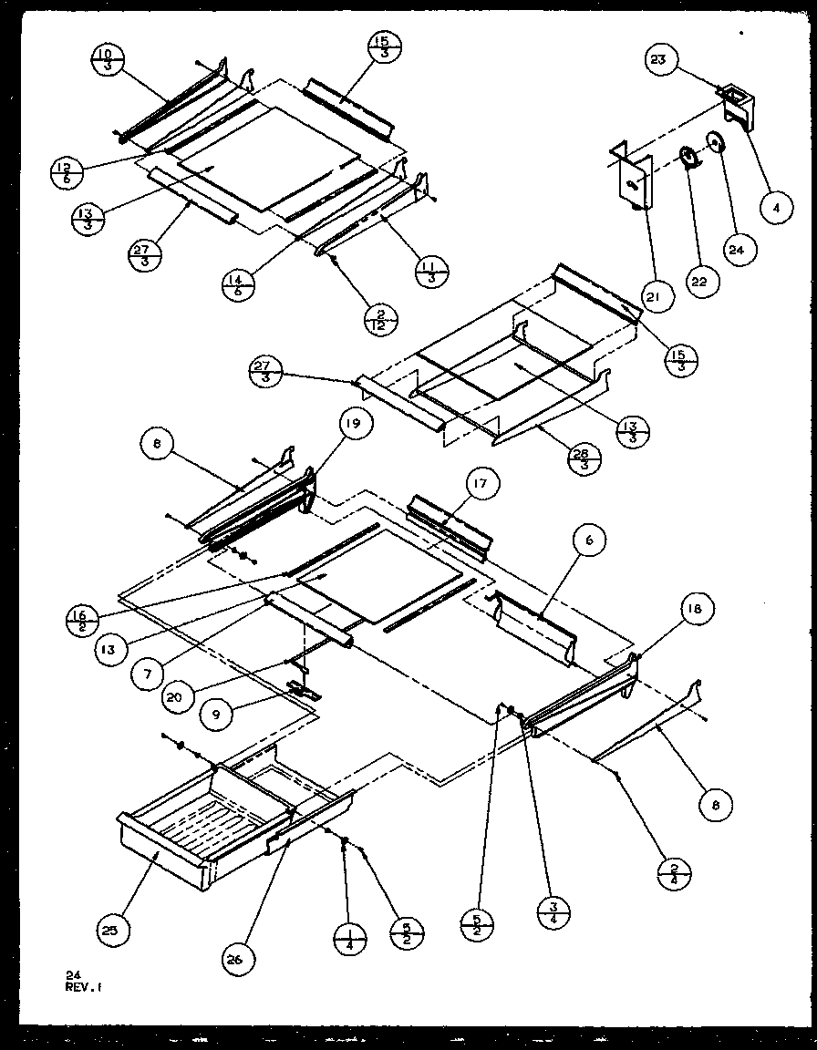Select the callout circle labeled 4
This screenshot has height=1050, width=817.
point(775,208)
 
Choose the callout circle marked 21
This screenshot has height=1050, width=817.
point(656,296)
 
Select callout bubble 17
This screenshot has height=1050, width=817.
point(484,485)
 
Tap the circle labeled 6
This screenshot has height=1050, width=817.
point(590,541)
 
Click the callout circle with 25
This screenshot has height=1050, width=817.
point(116,930)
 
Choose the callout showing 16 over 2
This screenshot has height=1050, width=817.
point(81,622)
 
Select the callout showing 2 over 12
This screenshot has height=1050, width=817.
point(378,322)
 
